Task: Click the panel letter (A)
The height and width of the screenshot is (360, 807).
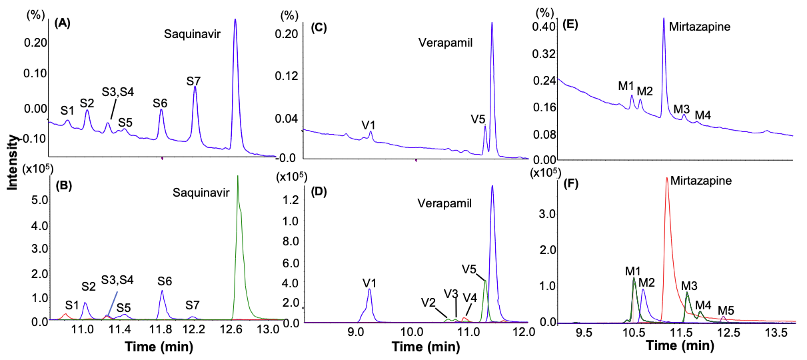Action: click(x=63, y=23)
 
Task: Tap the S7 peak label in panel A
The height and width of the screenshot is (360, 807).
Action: click(x=193, y=81)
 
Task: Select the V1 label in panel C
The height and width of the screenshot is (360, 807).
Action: click(x=369, y=124)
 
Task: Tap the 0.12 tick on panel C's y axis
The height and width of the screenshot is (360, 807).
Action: click(x=289, y=76)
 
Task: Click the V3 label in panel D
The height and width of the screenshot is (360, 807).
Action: click(x=450, y=294)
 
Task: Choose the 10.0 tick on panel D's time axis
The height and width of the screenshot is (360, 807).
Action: click(x=412, y=331)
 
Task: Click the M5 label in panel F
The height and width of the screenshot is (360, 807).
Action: click(x=726, y=310)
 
